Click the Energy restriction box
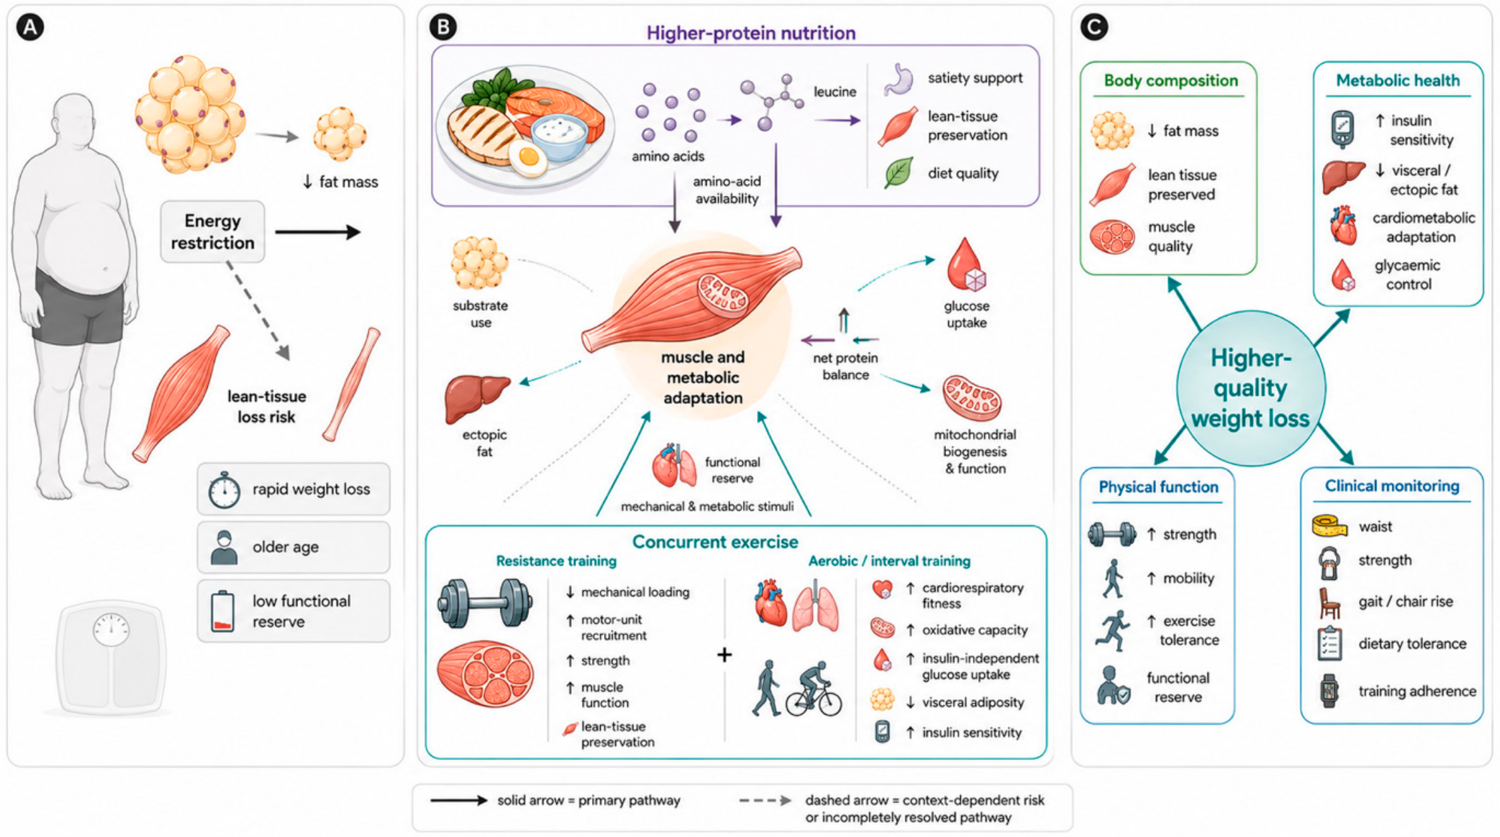click(x=212, y=231)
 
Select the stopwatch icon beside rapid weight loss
click(x=224, y=490)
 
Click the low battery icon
click(x=222, y=611)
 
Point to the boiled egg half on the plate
click(x=528, y=158)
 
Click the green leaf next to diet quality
click(x=899, y=173)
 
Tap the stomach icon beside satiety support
click(x=899, y=80)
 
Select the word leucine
click(x=835, y=92)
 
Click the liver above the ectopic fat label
click(x=476, y=399)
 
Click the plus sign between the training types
click(x=724, y=654)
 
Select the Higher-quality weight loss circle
click(x=1250, y=388)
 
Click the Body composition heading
click(x=1171, y=80)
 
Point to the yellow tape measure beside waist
click(x=1329, y=526)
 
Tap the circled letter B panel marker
click(x=443, y=27)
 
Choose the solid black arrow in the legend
click(x=459, y=800)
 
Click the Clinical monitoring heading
click(x=1392, y=486)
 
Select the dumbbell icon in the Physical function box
click(x=1112, y=535)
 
